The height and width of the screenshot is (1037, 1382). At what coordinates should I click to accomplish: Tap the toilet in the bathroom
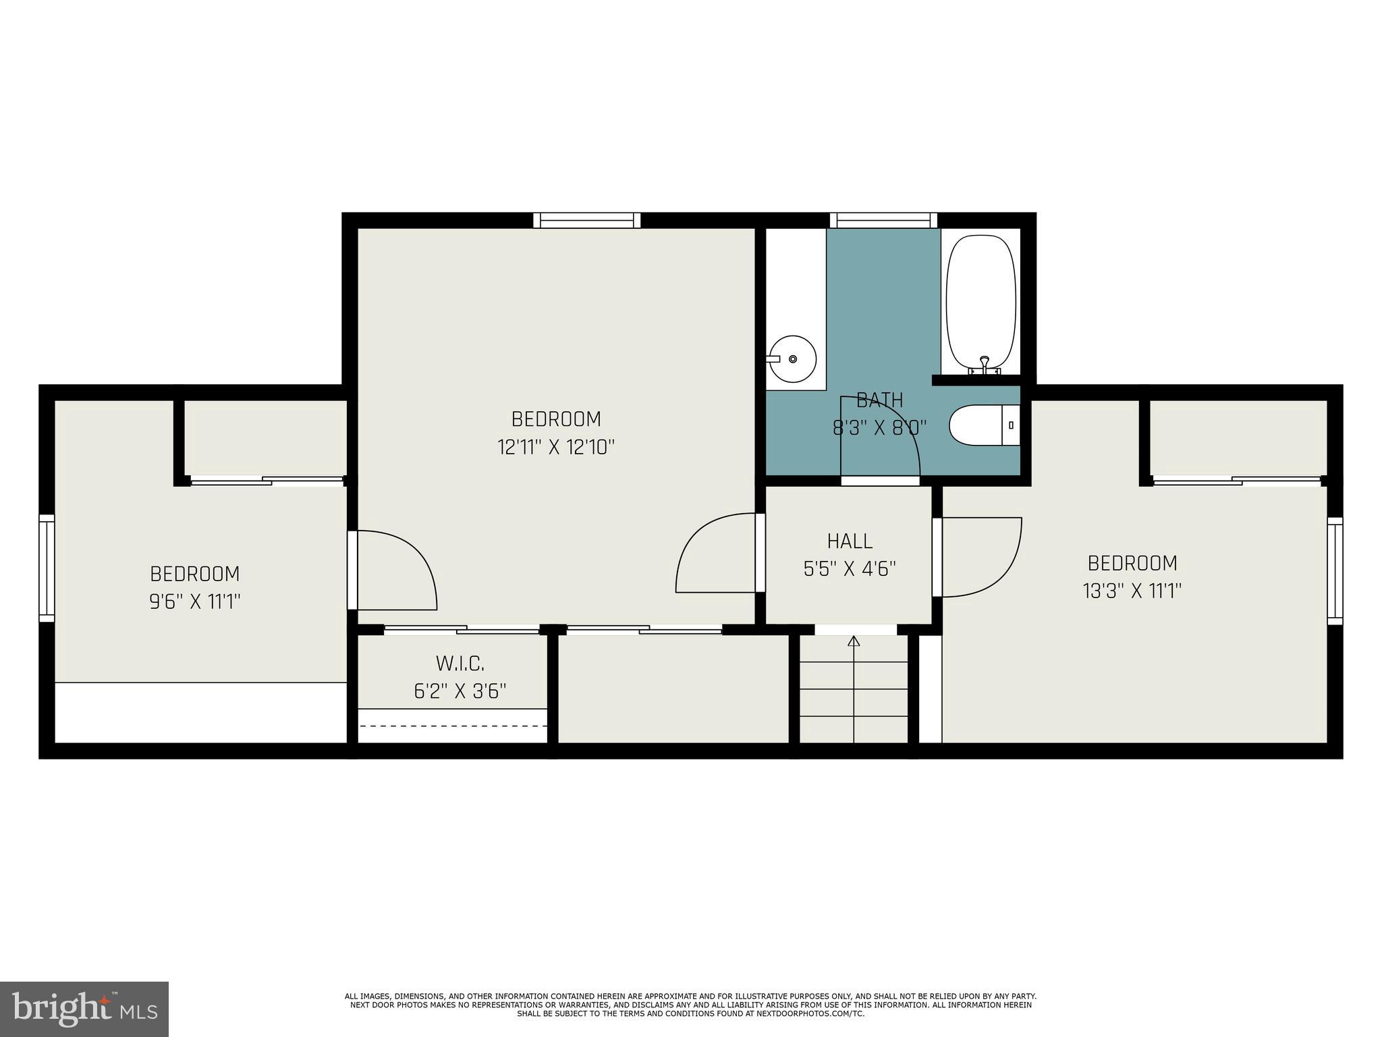[984, 425]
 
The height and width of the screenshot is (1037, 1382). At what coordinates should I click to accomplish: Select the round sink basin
[794, 358]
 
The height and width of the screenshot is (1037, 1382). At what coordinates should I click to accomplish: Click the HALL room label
[850, 541]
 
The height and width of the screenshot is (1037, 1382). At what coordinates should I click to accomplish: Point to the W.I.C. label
[460, 664]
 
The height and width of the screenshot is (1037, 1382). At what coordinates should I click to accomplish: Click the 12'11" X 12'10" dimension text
[556, 447]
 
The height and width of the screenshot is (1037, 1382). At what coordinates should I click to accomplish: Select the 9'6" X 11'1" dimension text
[195, 601]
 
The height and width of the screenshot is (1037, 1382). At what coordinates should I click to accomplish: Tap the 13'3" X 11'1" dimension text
[1132, 591]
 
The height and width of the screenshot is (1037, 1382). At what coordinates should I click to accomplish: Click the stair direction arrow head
[854, 641]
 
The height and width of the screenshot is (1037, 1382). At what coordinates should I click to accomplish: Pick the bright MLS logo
[84, 1009]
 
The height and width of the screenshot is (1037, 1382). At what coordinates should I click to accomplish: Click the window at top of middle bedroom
[586, 220]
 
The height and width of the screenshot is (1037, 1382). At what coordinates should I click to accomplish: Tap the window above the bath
[883, 220]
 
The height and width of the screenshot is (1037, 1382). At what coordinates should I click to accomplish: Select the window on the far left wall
[46, 568]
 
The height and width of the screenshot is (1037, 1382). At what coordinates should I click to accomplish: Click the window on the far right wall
[1335, 570]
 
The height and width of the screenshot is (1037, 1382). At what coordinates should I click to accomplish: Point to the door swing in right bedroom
[985, 560]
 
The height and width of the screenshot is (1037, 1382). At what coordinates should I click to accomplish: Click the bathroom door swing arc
[884, 432]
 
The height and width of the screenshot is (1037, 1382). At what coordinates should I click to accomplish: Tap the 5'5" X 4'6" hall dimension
[850, 569]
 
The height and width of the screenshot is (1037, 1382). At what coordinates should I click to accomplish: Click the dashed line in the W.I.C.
[452, 726]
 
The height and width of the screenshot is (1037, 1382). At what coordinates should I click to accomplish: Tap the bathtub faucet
[985, 365]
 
